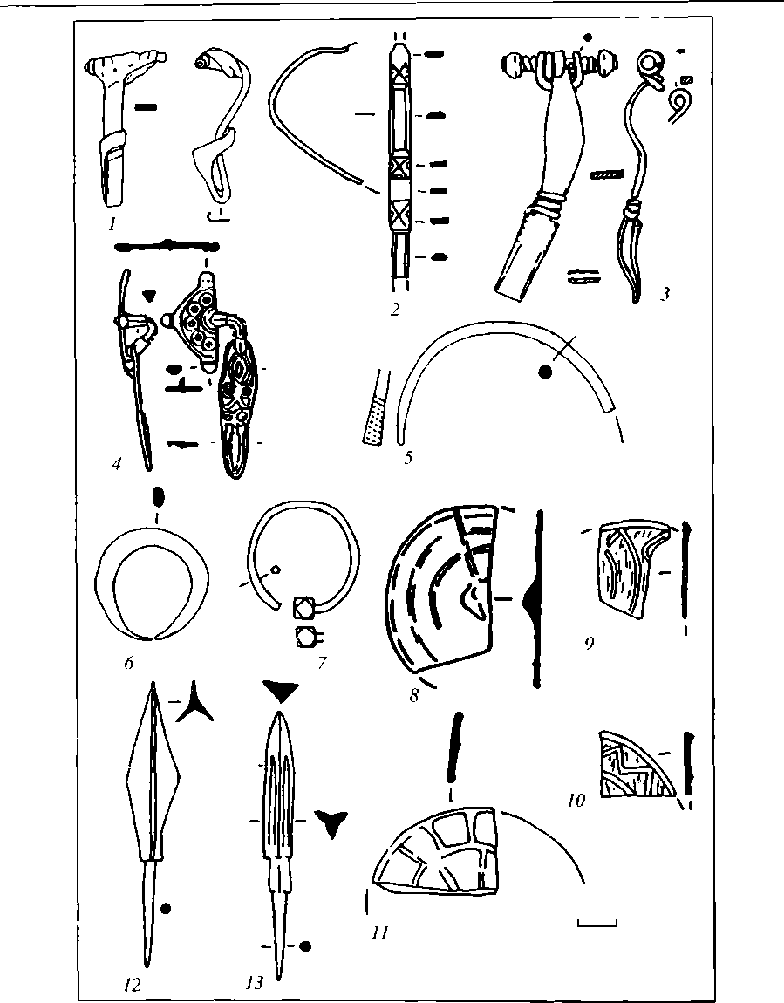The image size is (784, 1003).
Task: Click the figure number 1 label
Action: [112, 224]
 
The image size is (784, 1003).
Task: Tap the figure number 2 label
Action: [395, 308]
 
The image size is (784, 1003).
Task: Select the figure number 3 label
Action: [665, 293]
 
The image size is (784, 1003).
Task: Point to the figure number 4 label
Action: [116, 463]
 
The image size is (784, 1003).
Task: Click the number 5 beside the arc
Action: [408, 455]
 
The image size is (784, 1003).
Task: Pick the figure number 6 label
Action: [128, 662]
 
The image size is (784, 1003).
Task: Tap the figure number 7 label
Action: [321, 663]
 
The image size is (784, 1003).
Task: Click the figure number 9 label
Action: [590, 644]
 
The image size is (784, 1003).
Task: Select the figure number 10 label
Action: [576, 799]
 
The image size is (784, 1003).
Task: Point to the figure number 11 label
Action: [378, 932]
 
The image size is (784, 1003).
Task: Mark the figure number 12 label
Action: [133, 985]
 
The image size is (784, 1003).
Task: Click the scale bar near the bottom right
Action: [597, 921]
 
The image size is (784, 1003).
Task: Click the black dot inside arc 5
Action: [545, 373]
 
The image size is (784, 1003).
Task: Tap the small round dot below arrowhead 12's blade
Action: [166, 909]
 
